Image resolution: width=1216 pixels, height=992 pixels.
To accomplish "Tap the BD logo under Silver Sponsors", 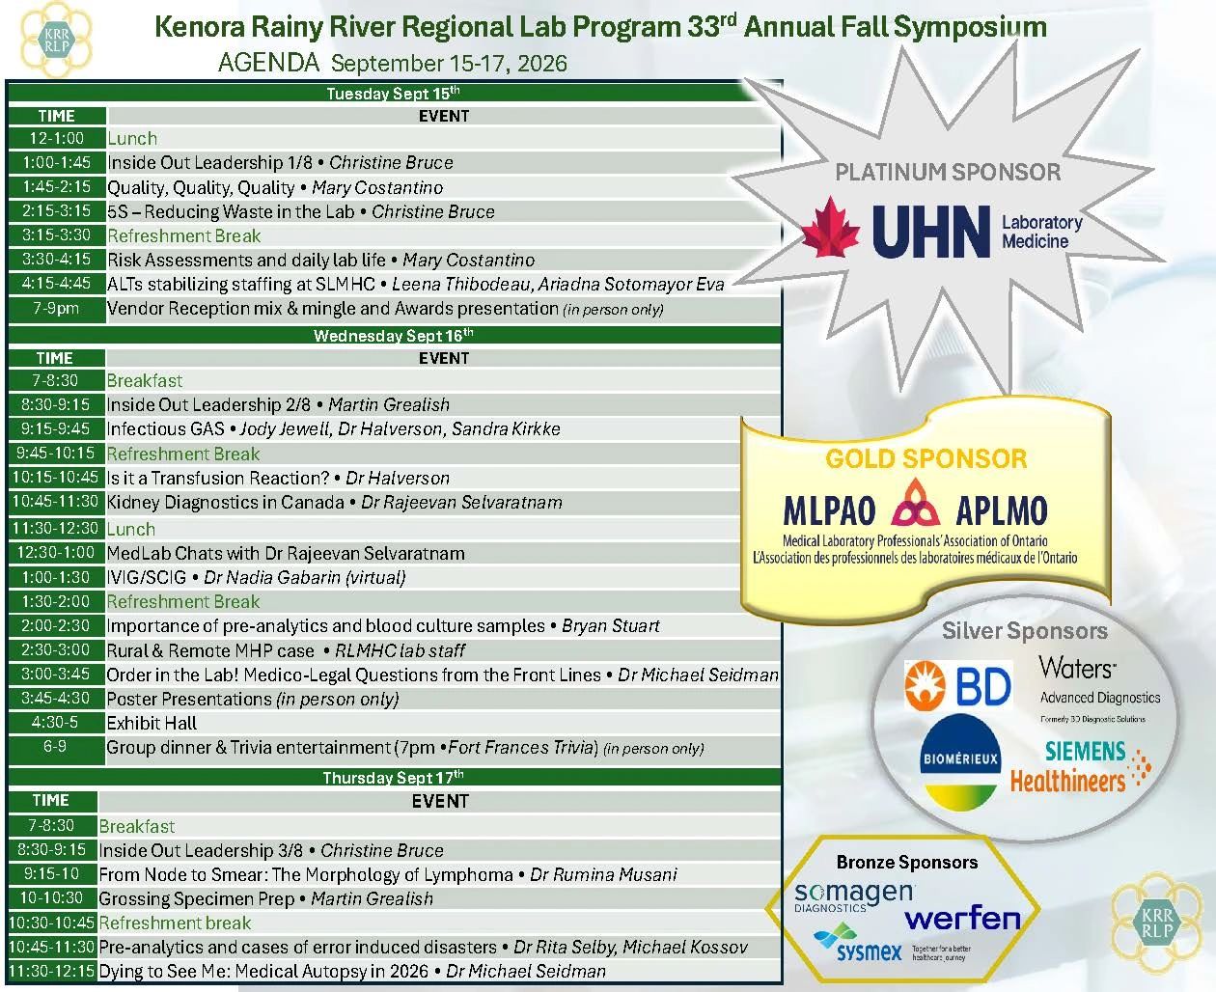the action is pos(957,684).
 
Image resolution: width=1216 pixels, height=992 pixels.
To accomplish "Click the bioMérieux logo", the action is pos(960,762).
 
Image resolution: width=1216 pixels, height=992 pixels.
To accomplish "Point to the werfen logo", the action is pos(963,919).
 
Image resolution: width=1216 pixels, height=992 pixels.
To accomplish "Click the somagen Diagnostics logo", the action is pos(854,896).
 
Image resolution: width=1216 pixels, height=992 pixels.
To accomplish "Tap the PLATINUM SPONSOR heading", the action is pos(948,172).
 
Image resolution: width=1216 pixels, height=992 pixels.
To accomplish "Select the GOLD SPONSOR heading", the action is pos(926,458).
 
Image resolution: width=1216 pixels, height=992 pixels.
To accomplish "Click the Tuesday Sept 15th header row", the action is pos(394,93).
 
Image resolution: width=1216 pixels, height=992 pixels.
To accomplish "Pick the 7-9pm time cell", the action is pos(56,309).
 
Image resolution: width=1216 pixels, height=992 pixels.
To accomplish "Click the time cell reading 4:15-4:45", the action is pos(56,284).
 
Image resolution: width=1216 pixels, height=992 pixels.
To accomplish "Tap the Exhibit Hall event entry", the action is pos(152,723).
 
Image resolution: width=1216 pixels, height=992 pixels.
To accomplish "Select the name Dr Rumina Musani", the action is pos(603,874).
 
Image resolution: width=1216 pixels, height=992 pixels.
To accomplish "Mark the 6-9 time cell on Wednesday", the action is pos(55,748).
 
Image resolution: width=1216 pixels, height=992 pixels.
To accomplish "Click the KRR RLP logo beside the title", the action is pos(56,40).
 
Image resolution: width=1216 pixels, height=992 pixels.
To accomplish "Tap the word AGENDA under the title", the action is pos(268,63).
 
